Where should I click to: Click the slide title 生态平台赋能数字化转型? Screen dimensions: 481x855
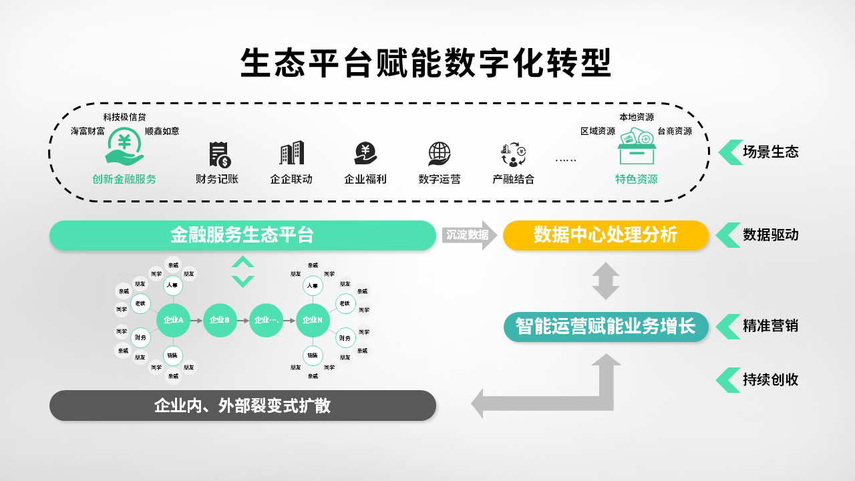pos(426,63)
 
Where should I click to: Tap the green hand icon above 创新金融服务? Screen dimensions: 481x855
pos(124,148)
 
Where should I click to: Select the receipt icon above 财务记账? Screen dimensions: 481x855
pos(219,154)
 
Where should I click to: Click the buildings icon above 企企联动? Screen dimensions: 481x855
pos(291,153)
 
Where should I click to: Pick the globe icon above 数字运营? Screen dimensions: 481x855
pos(439,154)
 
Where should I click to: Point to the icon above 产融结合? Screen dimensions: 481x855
pos(513,154)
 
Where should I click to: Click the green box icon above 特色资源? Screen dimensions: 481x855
pos(636,147)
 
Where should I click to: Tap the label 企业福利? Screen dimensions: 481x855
pos(365,179)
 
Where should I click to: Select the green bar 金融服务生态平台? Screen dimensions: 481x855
pos(242,235)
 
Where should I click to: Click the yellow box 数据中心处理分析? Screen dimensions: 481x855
pos(605,235)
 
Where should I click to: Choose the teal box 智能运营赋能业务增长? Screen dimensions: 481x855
pos(605,327)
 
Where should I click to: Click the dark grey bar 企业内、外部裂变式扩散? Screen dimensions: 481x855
pos(242,406)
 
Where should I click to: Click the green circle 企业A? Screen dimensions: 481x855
pos(173,320)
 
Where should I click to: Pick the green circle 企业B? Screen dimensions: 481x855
pos(220,320)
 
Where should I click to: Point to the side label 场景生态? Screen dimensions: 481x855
pos(770,152)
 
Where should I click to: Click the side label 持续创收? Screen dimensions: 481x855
pos(770,380)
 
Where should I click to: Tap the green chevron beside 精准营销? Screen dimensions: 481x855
pos(727,327)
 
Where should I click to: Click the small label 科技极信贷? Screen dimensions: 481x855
pos(124,118)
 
